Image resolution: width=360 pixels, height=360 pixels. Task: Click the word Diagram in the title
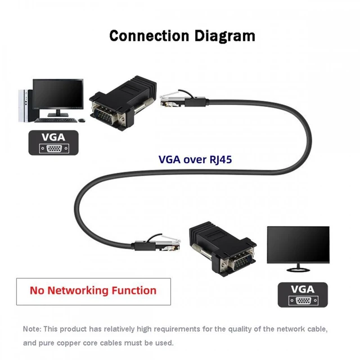(x=225, y=36)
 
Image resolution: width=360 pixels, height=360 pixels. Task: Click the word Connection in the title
(x=149, y=36)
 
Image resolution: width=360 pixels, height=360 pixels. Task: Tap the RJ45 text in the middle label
(x=220, y=160)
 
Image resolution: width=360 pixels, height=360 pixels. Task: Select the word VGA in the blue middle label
(x=169, y=159)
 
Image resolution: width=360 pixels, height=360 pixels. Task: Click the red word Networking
(x=78, y=291)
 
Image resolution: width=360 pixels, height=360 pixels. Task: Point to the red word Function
(x=134, y=290)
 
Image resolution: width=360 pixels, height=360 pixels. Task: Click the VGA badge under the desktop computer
(x=53, y=142)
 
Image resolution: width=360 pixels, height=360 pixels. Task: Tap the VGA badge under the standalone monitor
(x=303, y=295)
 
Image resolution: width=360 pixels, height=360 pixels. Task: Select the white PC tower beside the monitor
(x=23, y=106)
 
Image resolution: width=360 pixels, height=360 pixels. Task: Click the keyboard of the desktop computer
(x=56, y=120)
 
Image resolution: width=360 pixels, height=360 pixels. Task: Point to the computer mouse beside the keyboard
(x=81, y=120)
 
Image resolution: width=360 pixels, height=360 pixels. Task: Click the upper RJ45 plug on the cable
(x=173, y=100)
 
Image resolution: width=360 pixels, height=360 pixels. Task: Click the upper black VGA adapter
(x=123, y=103)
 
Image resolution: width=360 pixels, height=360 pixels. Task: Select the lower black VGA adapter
(x=222, y=249)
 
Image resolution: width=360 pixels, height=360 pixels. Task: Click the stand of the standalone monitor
(x=298, y=268)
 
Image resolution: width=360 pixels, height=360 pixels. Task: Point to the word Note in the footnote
(x=31, y=329)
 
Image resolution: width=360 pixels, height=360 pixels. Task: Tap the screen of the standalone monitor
(x=298, y=244)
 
